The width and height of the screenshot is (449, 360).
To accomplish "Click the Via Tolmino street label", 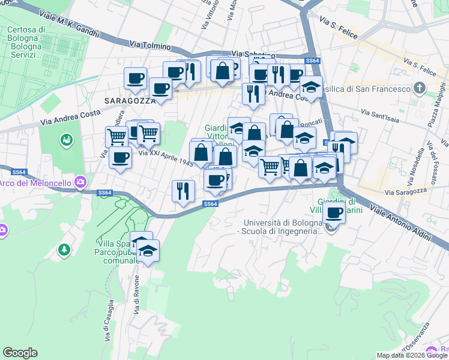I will (x=150, y=46).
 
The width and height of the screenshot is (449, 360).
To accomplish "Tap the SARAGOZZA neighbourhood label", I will (x=128, y=101).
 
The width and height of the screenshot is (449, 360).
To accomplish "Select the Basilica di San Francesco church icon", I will (x=420, y=89).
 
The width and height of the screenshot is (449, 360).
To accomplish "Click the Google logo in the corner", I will (x=20, y=353).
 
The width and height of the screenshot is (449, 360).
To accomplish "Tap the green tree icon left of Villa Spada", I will (x=64, y=248).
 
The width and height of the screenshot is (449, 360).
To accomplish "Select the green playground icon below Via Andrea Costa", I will (x=66, y=141).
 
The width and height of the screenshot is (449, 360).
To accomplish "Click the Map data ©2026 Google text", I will (x=412, y=355).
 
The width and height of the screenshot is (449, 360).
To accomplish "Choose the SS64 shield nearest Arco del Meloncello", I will (x=104, y=193).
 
